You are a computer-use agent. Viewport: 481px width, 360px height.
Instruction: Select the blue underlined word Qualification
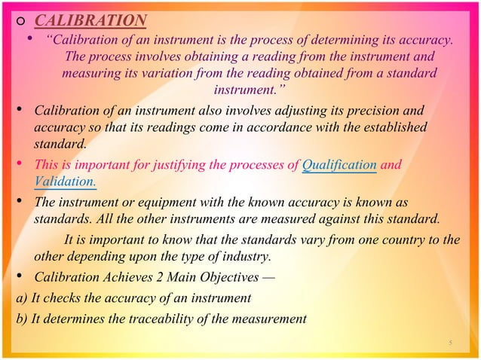(x=339, y=165)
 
